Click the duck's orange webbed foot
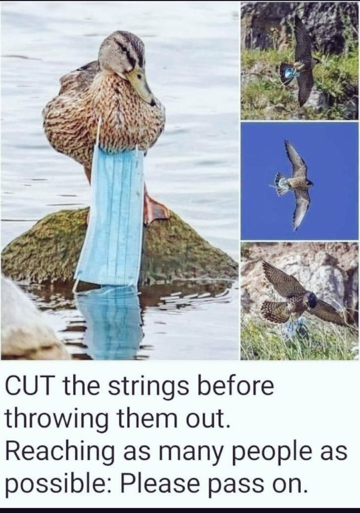(155, 209)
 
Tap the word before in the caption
(234, 386)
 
